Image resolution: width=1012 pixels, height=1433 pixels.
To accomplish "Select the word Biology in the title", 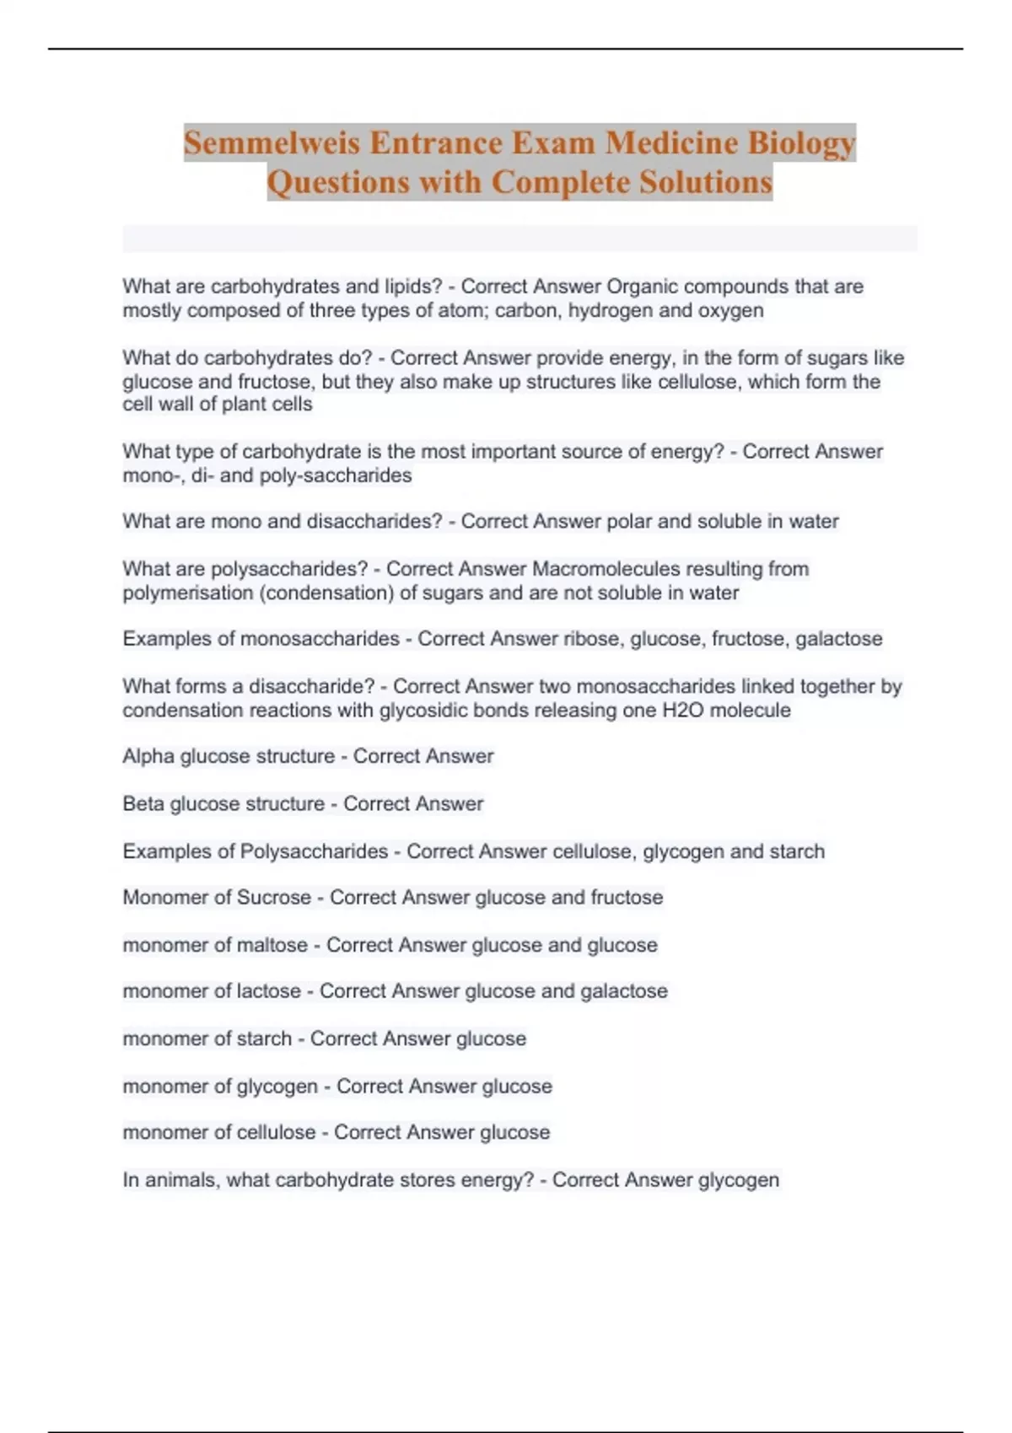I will [x=802, y=142].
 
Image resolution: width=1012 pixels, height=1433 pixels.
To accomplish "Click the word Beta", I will [x=143, y=803].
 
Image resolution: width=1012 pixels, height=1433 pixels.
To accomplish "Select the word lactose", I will [x=268, y=991].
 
